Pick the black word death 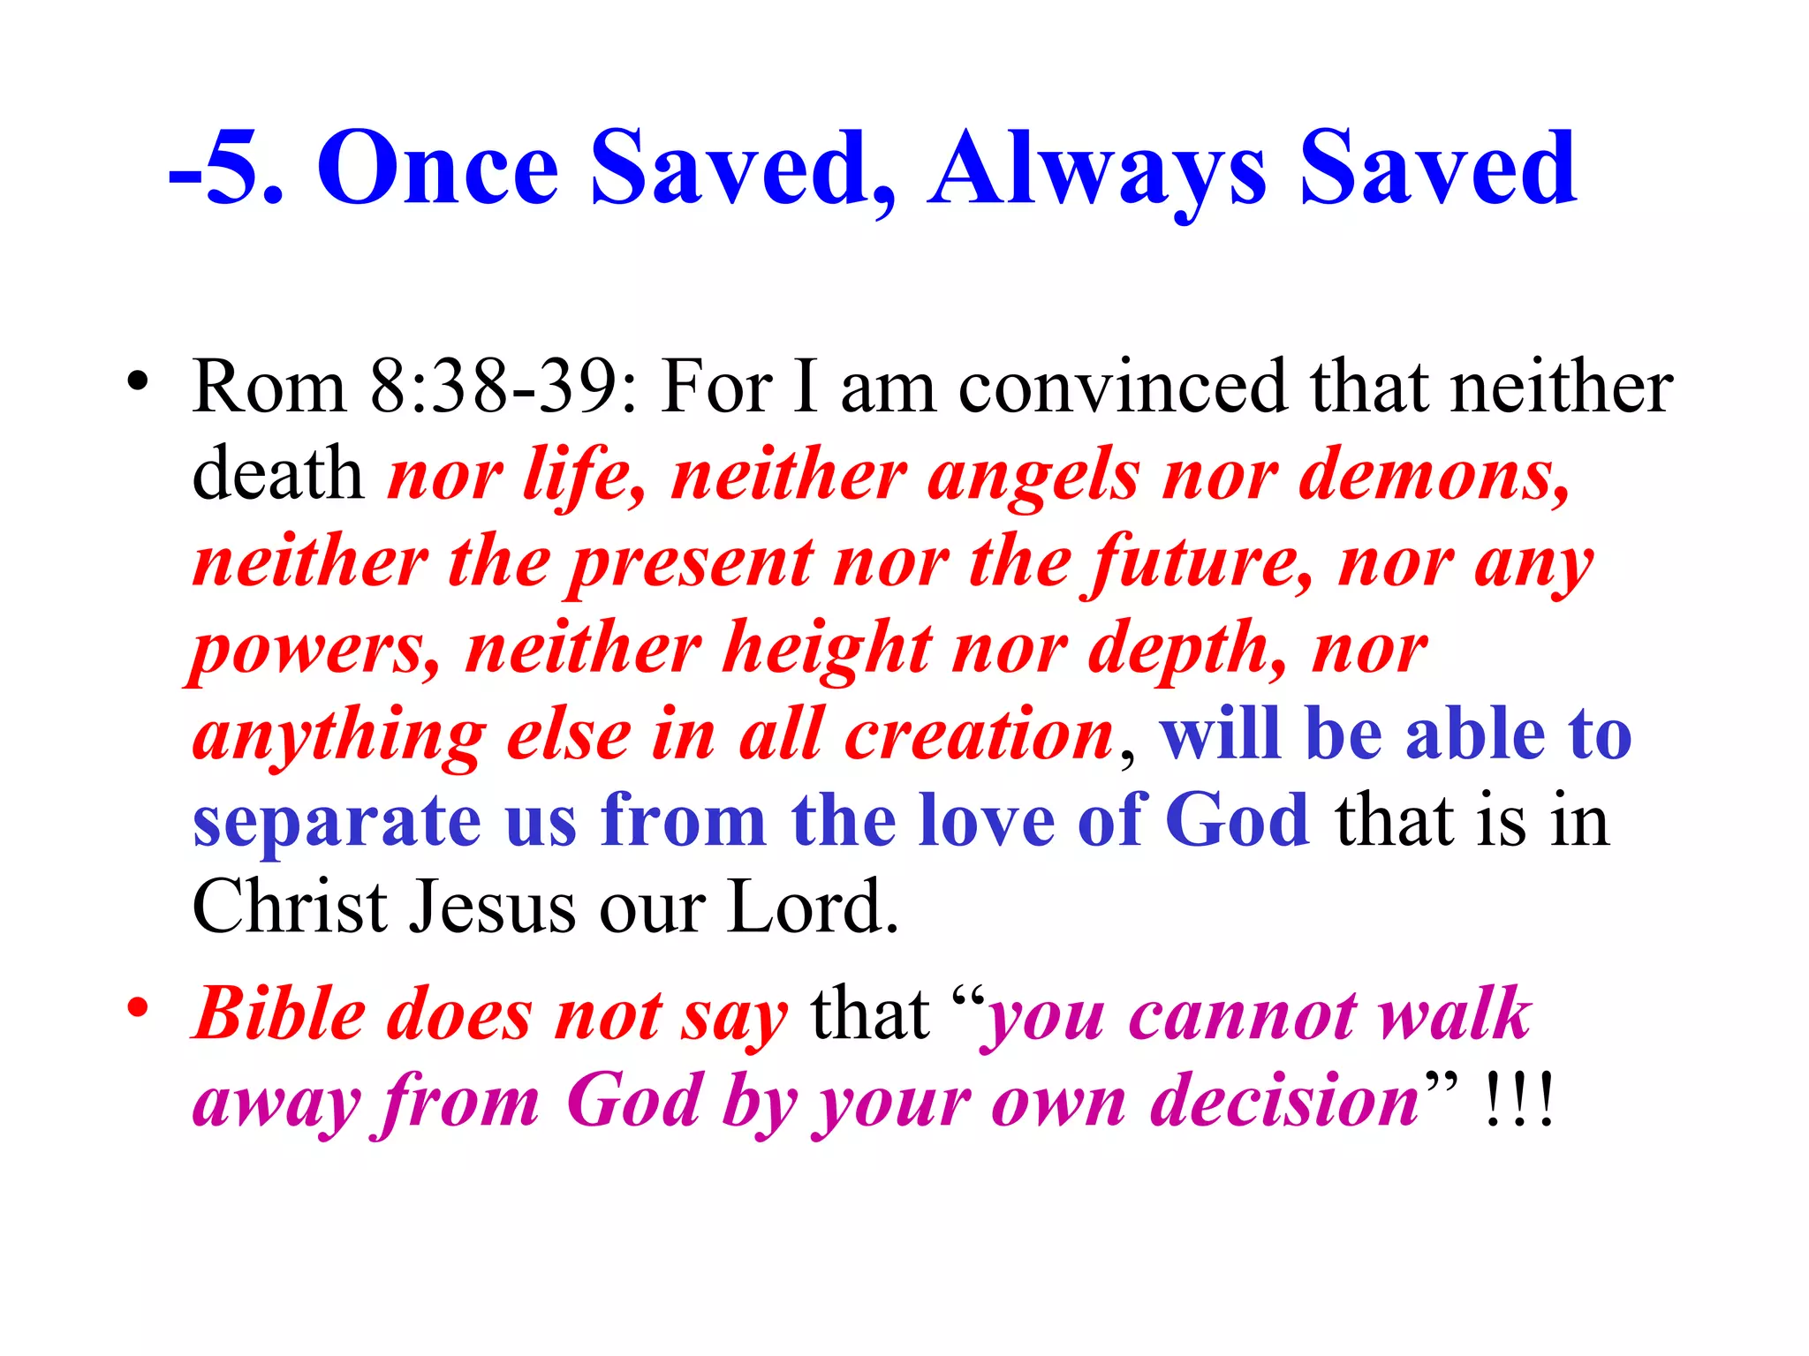pyautogui.click(x=277, y=474)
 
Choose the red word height pyautogui.click(x=828, y=649)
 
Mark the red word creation pyautogui.click(x=979, y=735)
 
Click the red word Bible pyautogui.click(x=279, y=1013)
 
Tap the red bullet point pyautogui.click(x=137, y=1007)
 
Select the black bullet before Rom pyautogui.click(x=137, y=381)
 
